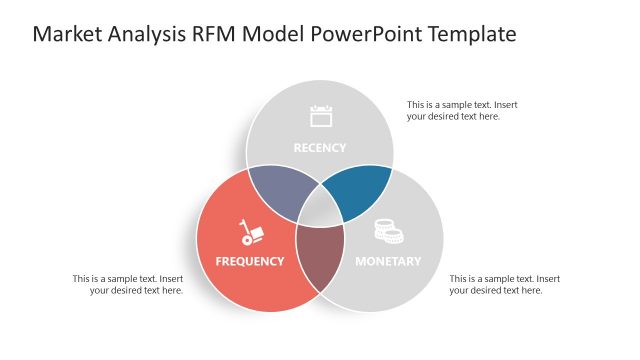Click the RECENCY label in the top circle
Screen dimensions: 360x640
pos(319,148)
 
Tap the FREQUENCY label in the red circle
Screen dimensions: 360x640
pos(250,262)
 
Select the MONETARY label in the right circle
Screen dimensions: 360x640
pos(388,262)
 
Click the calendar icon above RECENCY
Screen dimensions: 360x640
pos(320,116)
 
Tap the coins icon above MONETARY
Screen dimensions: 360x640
pos(388,231)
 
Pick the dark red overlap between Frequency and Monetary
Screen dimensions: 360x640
pos(319,254)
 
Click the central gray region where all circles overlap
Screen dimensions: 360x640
pos(319,211)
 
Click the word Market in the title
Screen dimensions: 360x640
pos(68,35)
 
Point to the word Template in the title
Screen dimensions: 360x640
pos(471,35)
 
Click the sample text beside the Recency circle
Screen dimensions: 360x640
pos(461,110)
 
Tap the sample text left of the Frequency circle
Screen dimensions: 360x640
pos(127,284)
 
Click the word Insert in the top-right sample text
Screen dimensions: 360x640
pos(503,104)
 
